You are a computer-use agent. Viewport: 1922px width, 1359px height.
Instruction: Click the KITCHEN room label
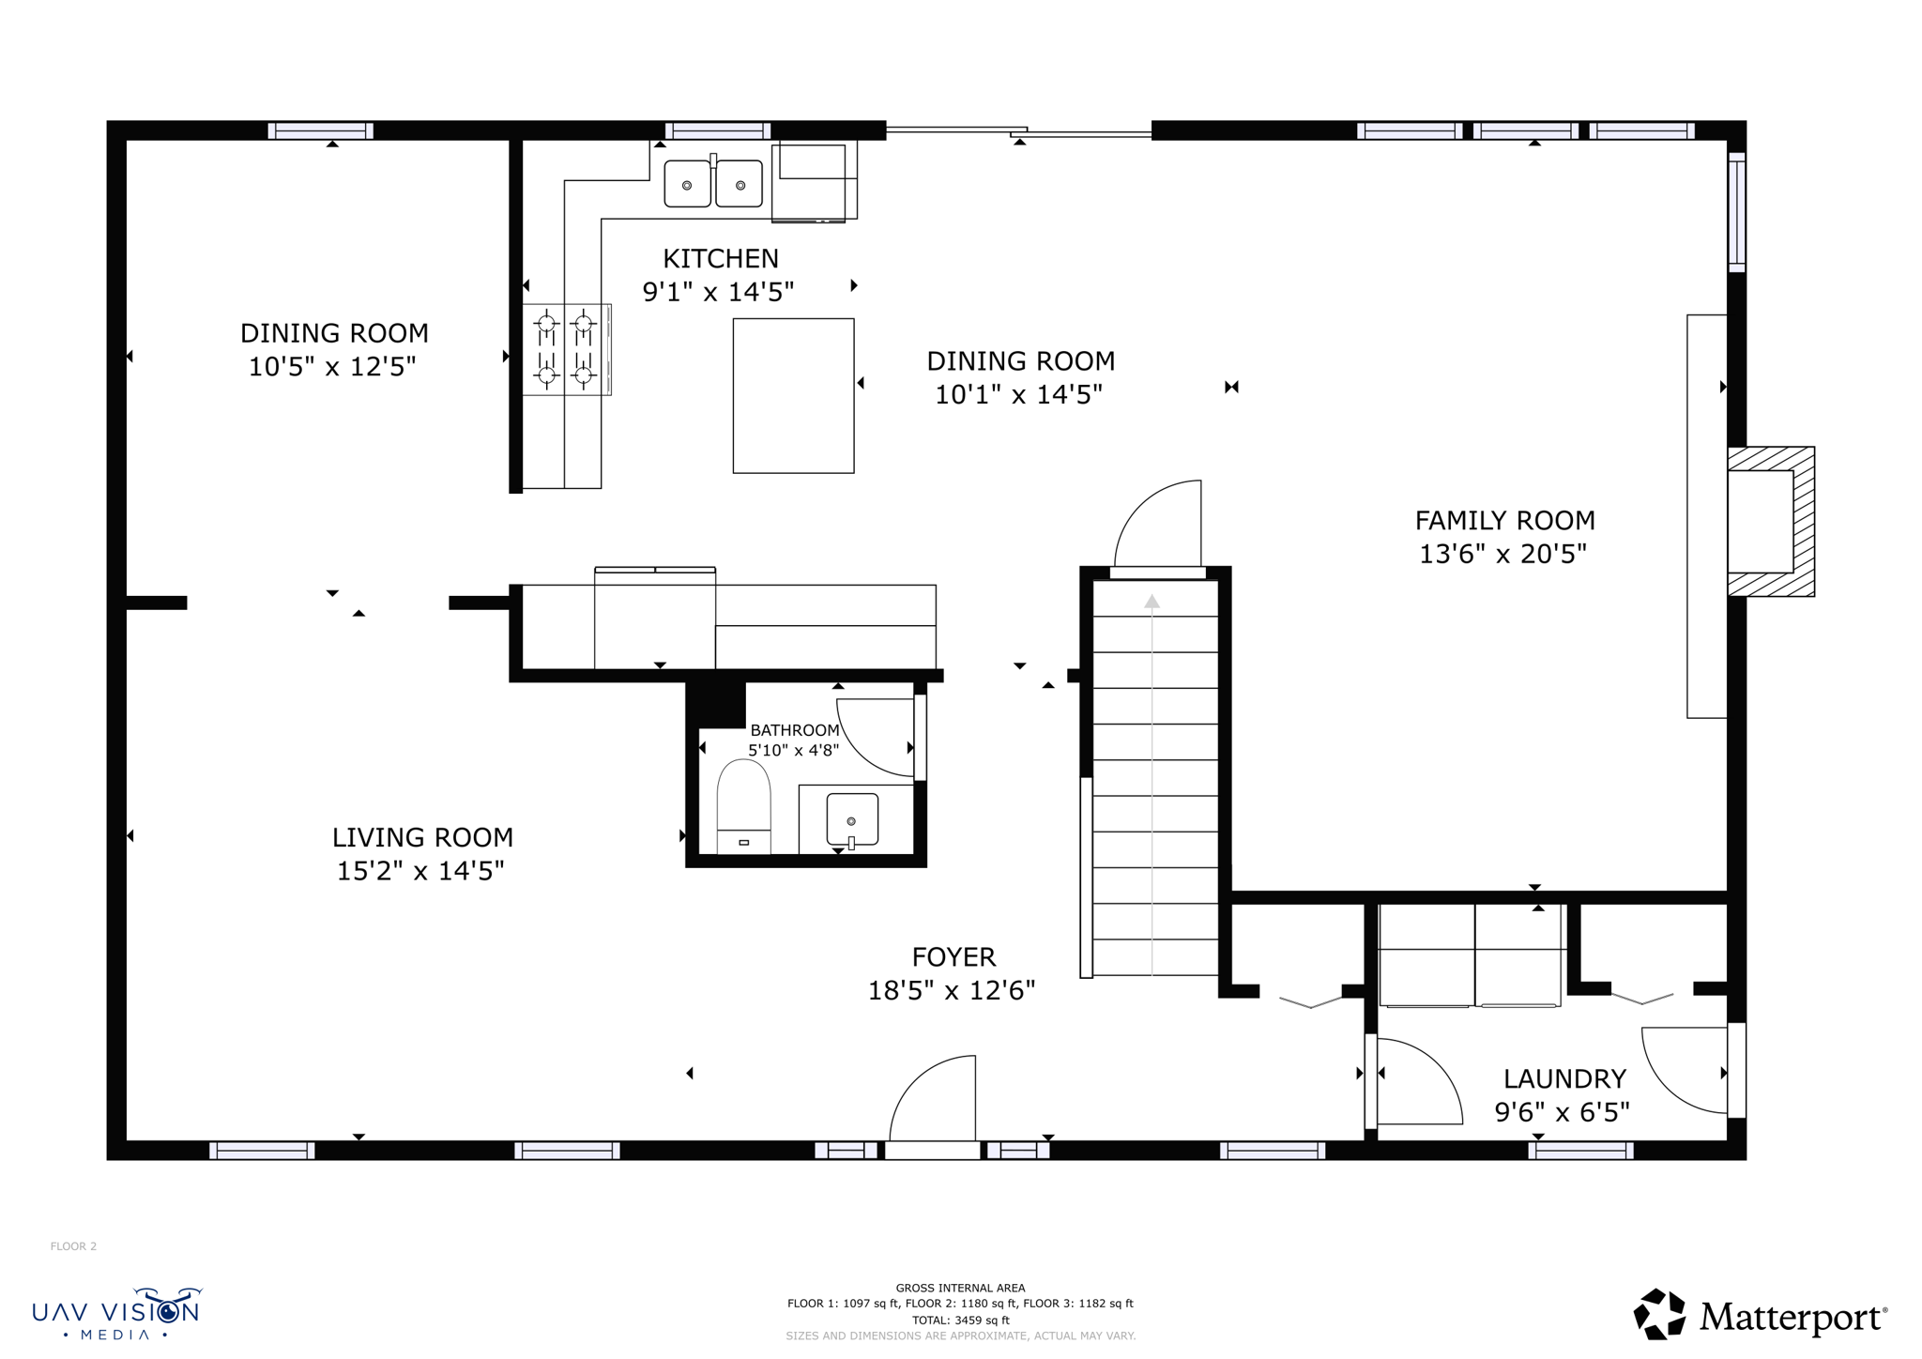point(720,258)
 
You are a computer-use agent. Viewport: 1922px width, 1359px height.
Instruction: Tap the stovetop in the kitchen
point(565,349)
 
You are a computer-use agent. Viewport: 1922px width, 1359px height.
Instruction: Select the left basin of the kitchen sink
point(687,184)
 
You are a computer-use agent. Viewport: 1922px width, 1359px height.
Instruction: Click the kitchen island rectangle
point(793,395)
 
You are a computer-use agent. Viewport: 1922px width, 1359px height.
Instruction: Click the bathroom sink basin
point(852,818)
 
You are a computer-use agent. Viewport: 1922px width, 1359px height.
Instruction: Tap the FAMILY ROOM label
point(1504,520)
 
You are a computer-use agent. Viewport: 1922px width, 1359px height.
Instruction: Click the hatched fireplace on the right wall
point(1771,521)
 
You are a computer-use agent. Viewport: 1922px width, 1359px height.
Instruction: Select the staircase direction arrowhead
point(1152,602)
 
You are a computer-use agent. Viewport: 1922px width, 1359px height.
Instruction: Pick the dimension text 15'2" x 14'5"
point(420,871)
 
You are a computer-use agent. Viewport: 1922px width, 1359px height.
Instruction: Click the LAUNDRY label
point(1564,1078)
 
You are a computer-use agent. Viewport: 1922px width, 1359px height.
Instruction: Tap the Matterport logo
point(1760,1316)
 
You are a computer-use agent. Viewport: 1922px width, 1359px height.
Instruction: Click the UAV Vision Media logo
point(116,1313)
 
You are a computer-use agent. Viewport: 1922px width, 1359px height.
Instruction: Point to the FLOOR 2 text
point(73,1246)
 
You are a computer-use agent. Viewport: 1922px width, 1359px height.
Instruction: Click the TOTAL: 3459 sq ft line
point(960,1320)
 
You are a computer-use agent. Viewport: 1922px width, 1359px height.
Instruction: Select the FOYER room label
point(953,956)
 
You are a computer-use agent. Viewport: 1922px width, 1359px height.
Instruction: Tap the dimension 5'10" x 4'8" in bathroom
point(793,750)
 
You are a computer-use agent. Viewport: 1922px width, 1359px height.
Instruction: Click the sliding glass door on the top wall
point(1018,131)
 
